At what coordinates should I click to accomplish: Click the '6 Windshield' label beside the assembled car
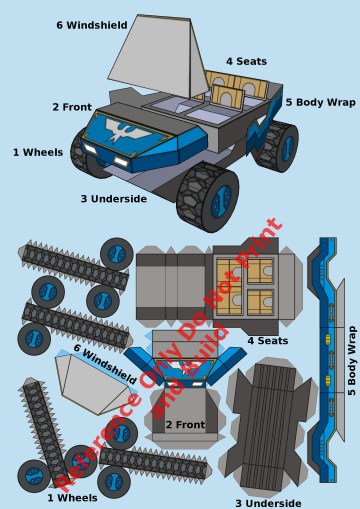[92, 25]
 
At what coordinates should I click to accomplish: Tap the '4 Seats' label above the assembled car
[246, 61]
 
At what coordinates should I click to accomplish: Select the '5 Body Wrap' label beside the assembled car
[321, 102]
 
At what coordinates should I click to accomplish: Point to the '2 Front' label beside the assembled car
[72, 107]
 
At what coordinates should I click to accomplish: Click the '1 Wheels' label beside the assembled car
[38, 152]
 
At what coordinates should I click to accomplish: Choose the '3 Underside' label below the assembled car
[114, 199]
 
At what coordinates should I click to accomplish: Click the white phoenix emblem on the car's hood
[127, 130]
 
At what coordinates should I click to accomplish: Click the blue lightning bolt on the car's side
[262, 130]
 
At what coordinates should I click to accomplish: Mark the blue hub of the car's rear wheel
[287, 148]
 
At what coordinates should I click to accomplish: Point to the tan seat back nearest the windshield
[227, 97]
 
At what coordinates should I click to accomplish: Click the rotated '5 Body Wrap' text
[352, 361]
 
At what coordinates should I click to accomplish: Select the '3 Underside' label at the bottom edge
[268, 503]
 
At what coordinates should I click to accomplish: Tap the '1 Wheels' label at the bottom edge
[72, 498]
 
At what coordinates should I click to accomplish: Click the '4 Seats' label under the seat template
[268, 341]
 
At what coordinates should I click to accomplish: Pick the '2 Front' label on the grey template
[185, 424]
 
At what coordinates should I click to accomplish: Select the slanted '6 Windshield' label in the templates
[105, 363]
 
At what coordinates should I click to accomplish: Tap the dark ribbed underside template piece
[269, 427]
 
